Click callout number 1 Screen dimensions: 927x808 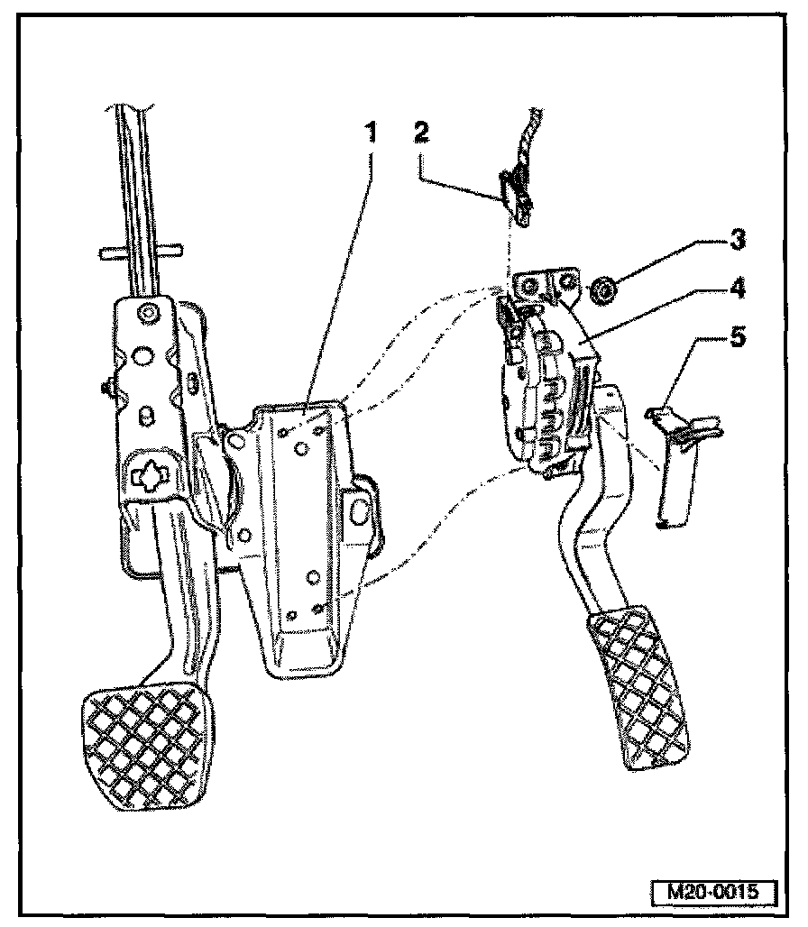coord(369,134)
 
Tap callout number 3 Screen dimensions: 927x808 coord(738,241)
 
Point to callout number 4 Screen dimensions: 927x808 coord(738,289)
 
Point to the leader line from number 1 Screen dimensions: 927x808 coord(343,271)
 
